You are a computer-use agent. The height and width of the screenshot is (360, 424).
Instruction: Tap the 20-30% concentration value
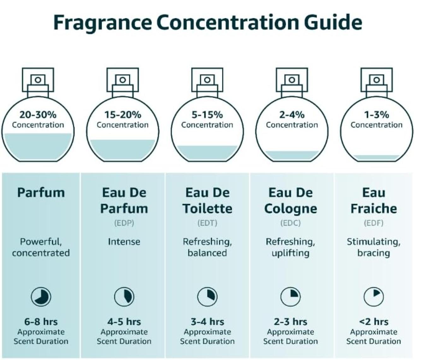[x=38, y=115]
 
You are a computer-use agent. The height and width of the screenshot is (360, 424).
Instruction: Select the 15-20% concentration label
[x=123, y=115]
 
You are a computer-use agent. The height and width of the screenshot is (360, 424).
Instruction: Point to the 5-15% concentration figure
[x=207, y=115]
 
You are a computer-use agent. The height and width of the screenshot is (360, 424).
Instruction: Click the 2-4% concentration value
[x=292, y=115]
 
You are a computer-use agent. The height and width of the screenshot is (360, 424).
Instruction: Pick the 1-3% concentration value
[x=376, y=115]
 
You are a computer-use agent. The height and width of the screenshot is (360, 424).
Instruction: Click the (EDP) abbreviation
[x=124, y=223]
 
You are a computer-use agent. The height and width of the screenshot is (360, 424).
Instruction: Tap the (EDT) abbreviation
[x=207, y=223]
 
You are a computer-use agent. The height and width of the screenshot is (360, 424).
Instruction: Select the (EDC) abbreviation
[x=291, y=223]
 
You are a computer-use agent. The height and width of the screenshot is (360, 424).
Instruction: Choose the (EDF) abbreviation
[x=374, y=223]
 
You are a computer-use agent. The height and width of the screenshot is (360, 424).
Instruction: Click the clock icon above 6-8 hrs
[x=41, y=297]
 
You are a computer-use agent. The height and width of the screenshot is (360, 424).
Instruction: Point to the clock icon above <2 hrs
[x=374, y=297]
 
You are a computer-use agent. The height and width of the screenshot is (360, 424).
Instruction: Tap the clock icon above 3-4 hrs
[x=207, y=297]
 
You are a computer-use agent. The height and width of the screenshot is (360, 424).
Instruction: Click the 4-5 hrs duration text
[x=124, y=321]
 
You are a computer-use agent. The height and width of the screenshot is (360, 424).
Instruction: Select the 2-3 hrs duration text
[x=291, y=321]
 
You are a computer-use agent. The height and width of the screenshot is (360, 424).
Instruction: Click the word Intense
[x=124, y=242]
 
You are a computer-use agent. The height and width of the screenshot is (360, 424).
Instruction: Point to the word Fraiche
[x=374, y=208]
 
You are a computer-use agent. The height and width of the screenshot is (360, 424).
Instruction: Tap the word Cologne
[x=291, y=209]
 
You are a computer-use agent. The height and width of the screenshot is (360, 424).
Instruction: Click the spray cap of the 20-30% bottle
[x=38, y=80]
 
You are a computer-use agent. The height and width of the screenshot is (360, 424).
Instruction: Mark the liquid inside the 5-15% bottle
[x=207, y=153]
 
